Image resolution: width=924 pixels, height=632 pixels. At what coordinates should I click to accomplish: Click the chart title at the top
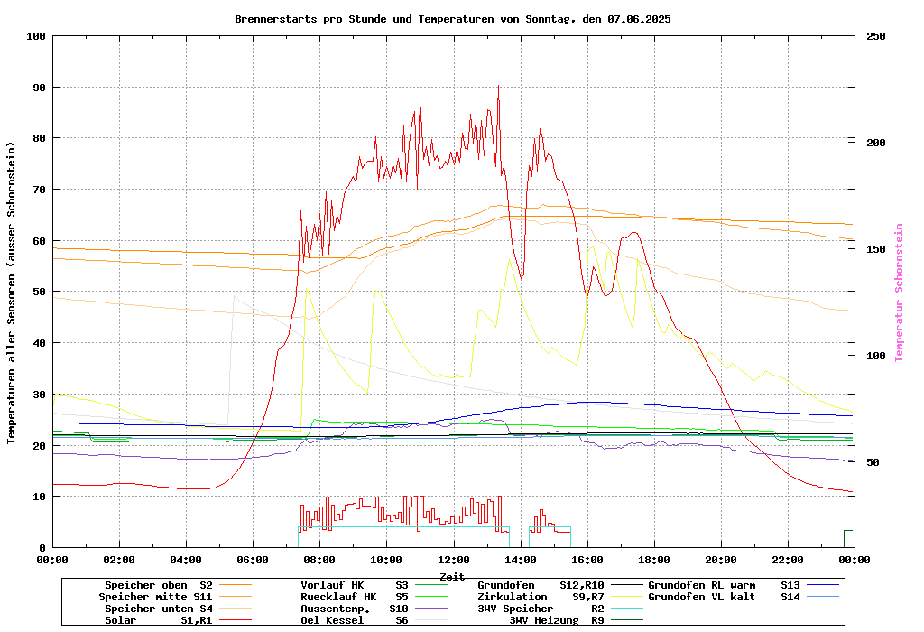[x=452, y=19]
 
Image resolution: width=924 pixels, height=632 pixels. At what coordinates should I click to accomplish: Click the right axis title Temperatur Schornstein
[x=899, y=293]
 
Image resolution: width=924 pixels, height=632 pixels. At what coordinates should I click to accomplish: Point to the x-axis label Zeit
[x=452, y=576]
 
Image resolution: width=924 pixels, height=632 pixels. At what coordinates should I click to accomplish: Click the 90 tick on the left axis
[x=36, y=88]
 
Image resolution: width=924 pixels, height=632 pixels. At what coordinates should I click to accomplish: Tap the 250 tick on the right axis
[x=876, y=36]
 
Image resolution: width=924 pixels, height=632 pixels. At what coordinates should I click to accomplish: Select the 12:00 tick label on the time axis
[x=453, y=560]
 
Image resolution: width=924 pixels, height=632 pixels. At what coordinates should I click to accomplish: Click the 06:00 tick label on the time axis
[x=253, y=560]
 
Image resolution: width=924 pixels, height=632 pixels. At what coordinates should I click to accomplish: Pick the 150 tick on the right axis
[x=876, y=249]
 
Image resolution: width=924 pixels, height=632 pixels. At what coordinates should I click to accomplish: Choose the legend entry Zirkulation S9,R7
[x=541, y=597]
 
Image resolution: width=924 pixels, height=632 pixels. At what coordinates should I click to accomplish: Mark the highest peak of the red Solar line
[x=498, y=86]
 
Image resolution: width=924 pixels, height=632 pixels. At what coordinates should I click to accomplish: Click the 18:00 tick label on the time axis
[x=653, y=560]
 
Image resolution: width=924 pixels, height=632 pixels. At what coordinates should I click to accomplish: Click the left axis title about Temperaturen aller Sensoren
[x=12, y=293]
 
